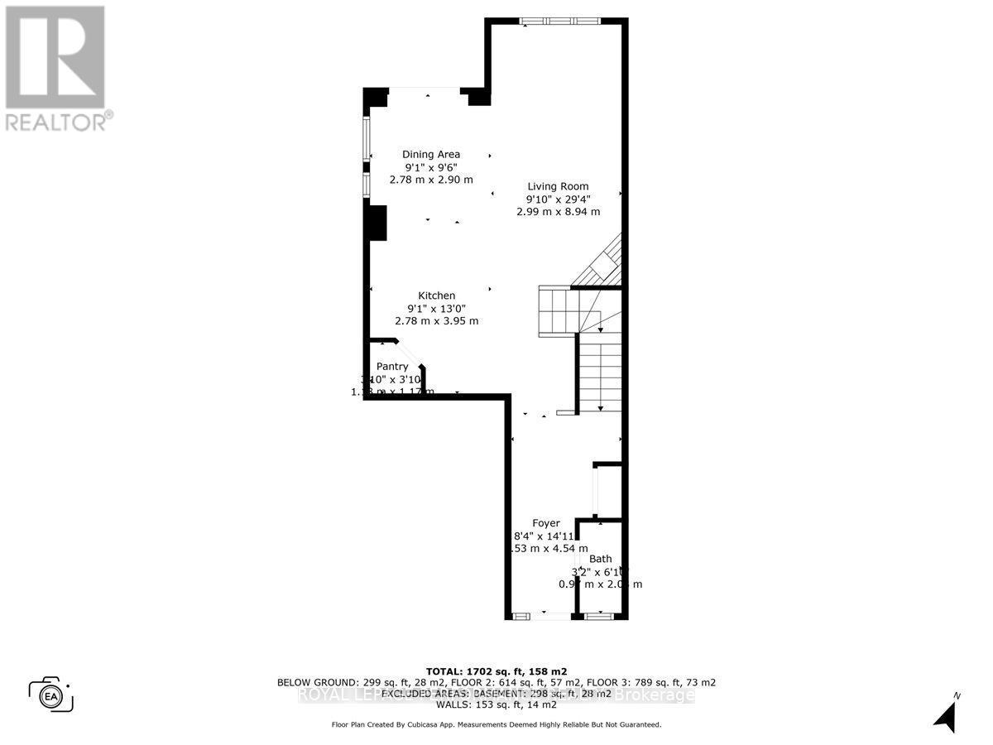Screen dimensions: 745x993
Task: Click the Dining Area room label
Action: coord(431,154)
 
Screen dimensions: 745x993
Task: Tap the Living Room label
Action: coord(558,186)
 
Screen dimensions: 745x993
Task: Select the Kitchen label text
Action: coord(436,296)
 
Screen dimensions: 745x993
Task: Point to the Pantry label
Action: coord(392,366)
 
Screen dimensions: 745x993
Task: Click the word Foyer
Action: coord(546,523)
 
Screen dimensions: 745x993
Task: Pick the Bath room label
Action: coord(601,559)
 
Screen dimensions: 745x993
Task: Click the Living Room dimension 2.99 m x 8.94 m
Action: coord(558,212)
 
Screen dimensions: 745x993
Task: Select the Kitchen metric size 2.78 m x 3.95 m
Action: coord(436,321)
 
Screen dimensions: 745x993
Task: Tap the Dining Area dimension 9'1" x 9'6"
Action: coord(431,166)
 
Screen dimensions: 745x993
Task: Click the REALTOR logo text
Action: coord(58,121)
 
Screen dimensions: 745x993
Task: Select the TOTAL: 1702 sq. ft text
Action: coord(496,671)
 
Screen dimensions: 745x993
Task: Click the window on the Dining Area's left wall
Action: coord(367,157)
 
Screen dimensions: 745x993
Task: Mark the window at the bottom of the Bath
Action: coord(597,615)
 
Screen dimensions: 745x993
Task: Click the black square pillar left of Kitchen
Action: coord(377,223)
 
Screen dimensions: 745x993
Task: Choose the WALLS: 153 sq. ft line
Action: coord(496,705)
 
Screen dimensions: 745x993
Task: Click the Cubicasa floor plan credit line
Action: coord(496,724)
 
